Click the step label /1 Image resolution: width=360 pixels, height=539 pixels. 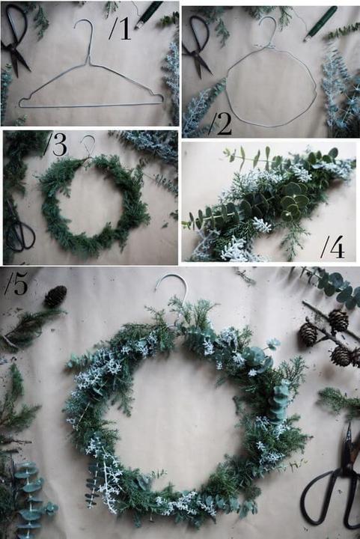pos(120,28)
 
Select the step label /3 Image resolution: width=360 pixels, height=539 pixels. pos(55,144)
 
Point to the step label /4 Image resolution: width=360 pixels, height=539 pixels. pos(332,247)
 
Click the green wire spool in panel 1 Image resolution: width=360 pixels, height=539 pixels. pos(148,14)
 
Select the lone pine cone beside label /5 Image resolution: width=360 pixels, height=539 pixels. pos(55,296)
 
